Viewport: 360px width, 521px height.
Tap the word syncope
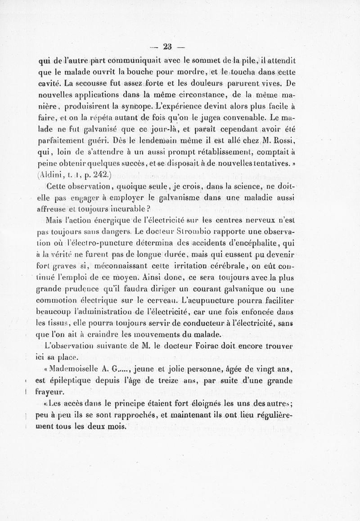(135, 107)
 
